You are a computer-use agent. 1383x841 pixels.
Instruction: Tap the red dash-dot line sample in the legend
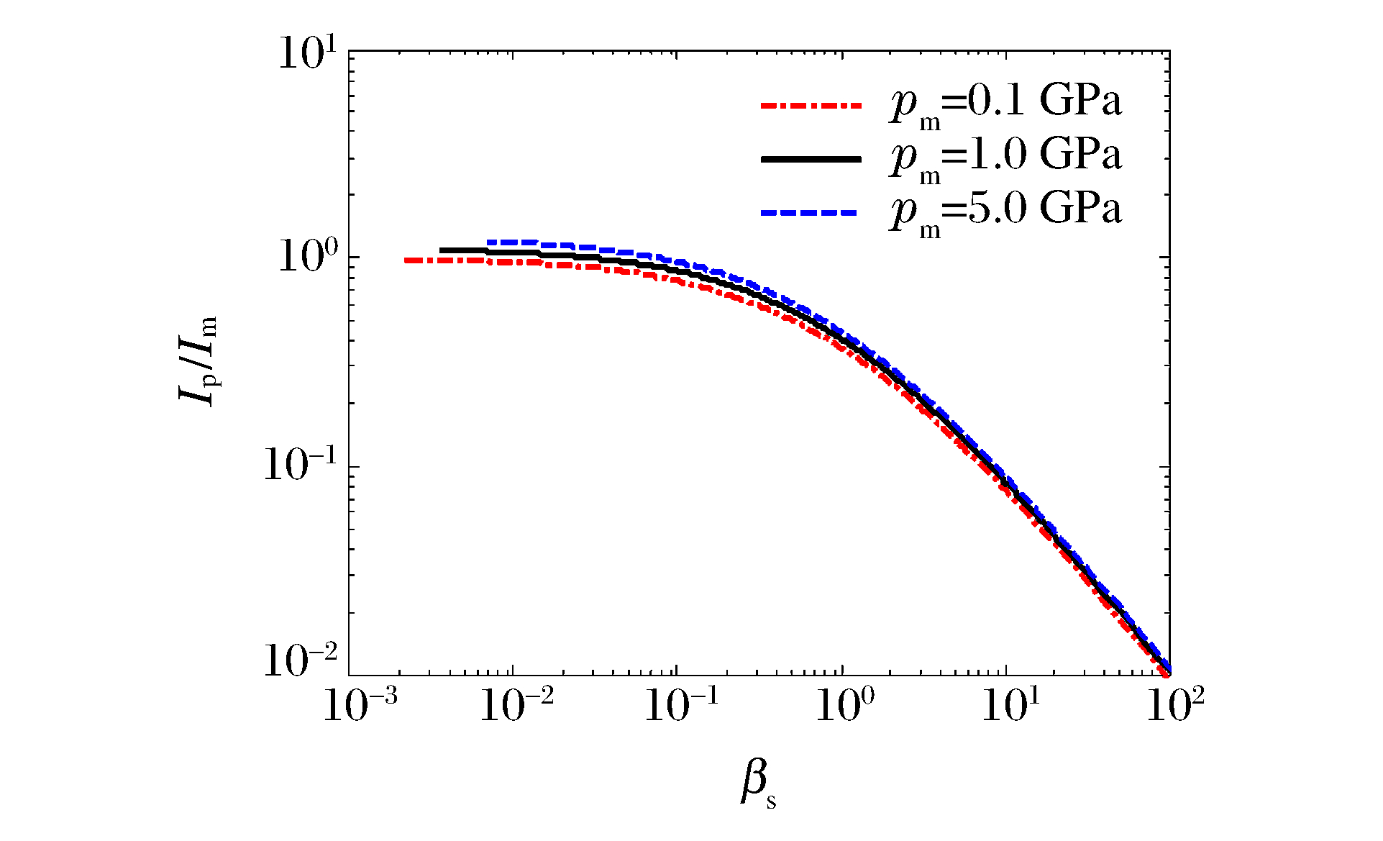click(811, 106)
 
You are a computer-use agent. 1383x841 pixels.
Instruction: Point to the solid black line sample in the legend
click(811, 159)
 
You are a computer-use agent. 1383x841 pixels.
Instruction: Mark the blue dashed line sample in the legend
click(811, 212)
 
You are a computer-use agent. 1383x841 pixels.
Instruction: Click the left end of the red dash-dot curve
click(406, 260)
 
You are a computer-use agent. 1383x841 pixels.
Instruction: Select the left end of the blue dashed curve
click(489, 242)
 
